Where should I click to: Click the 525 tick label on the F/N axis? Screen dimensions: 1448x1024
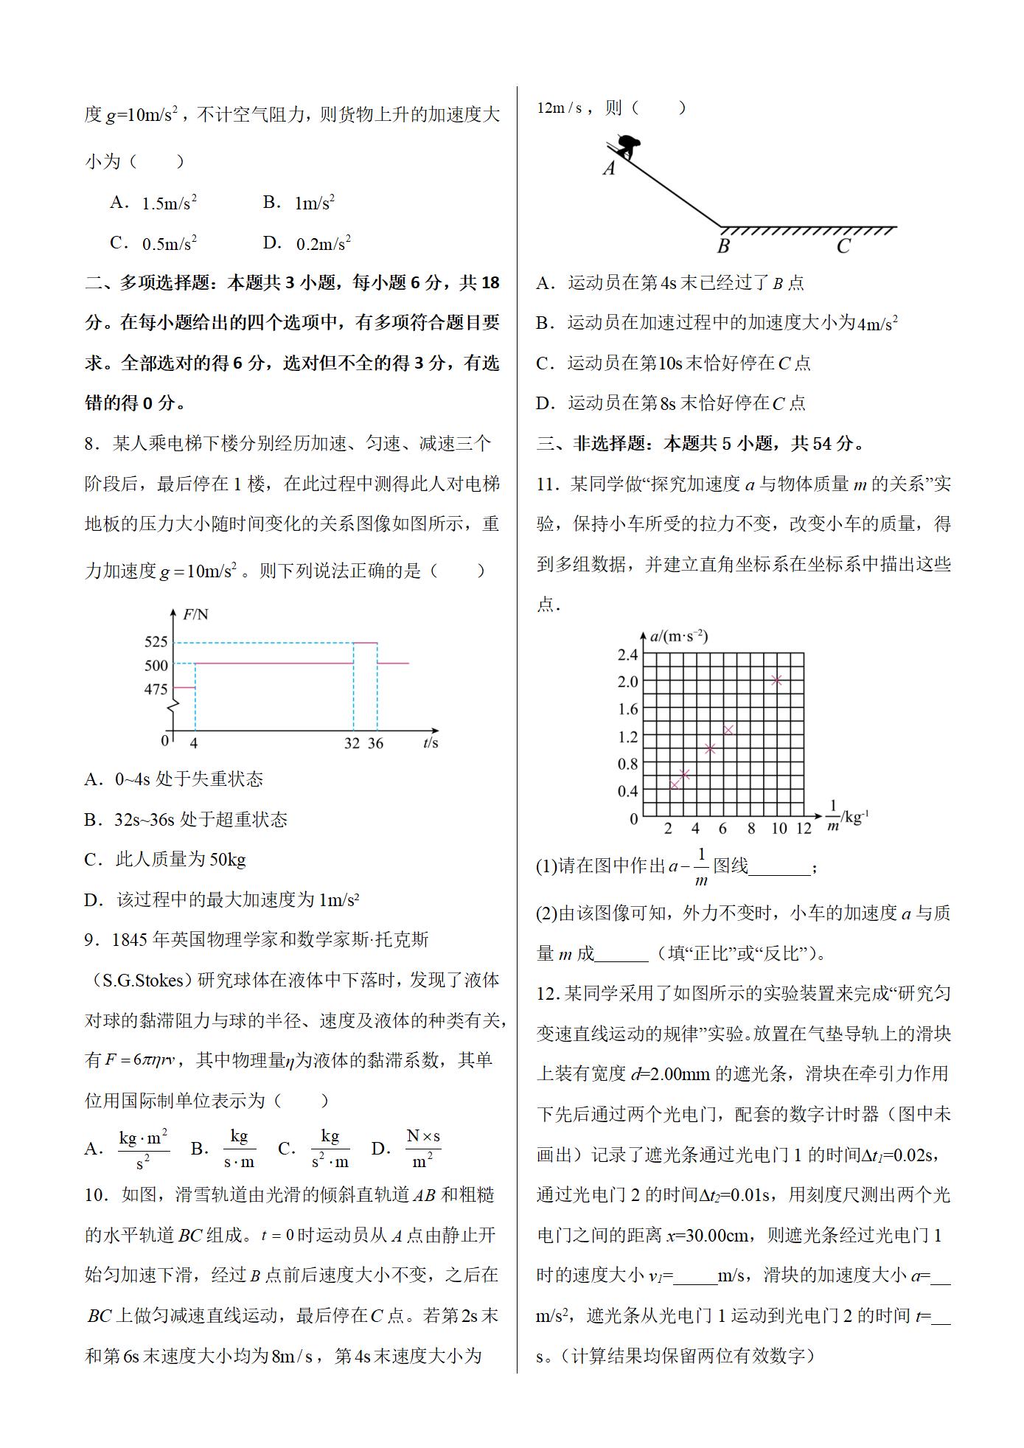click(156, 641)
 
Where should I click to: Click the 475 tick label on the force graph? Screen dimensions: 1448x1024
click(156, 689)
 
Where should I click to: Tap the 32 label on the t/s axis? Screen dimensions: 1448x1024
click(352, 743)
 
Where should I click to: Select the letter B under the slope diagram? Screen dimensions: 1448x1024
click(723, 246)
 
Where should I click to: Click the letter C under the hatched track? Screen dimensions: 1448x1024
click(843, 246)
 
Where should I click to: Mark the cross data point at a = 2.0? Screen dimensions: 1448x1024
click(776, 681)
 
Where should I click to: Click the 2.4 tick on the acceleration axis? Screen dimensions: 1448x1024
click(627, 655)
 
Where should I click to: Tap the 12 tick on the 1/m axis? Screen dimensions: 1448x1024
click(804, 828)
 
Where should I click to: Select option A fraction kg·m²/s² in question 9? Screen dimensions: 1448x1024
click(143, 1149)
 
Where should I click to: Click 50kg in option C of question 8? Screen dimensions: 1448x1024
click(228, 860)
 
